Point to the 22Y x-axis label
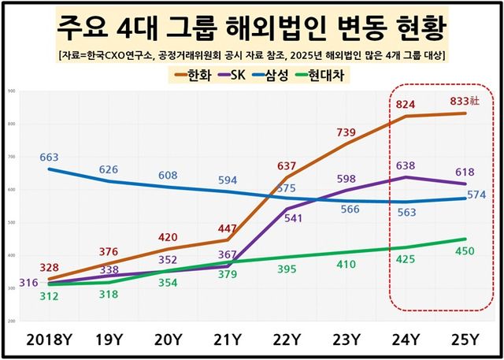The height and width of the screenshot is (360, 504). tap(286, 340)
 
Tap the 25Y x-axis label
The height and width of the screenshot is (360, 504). tap(463, 340)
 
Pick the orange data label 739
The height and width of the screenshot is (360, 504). tap(346, 133)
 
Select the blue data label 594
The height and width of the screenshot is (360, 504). tap(227, 180)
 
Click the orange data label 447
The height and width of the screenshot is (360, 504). tap(227, 228)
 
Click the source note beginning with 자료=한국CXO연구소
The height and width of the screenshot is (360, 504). tap(252, 54)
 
